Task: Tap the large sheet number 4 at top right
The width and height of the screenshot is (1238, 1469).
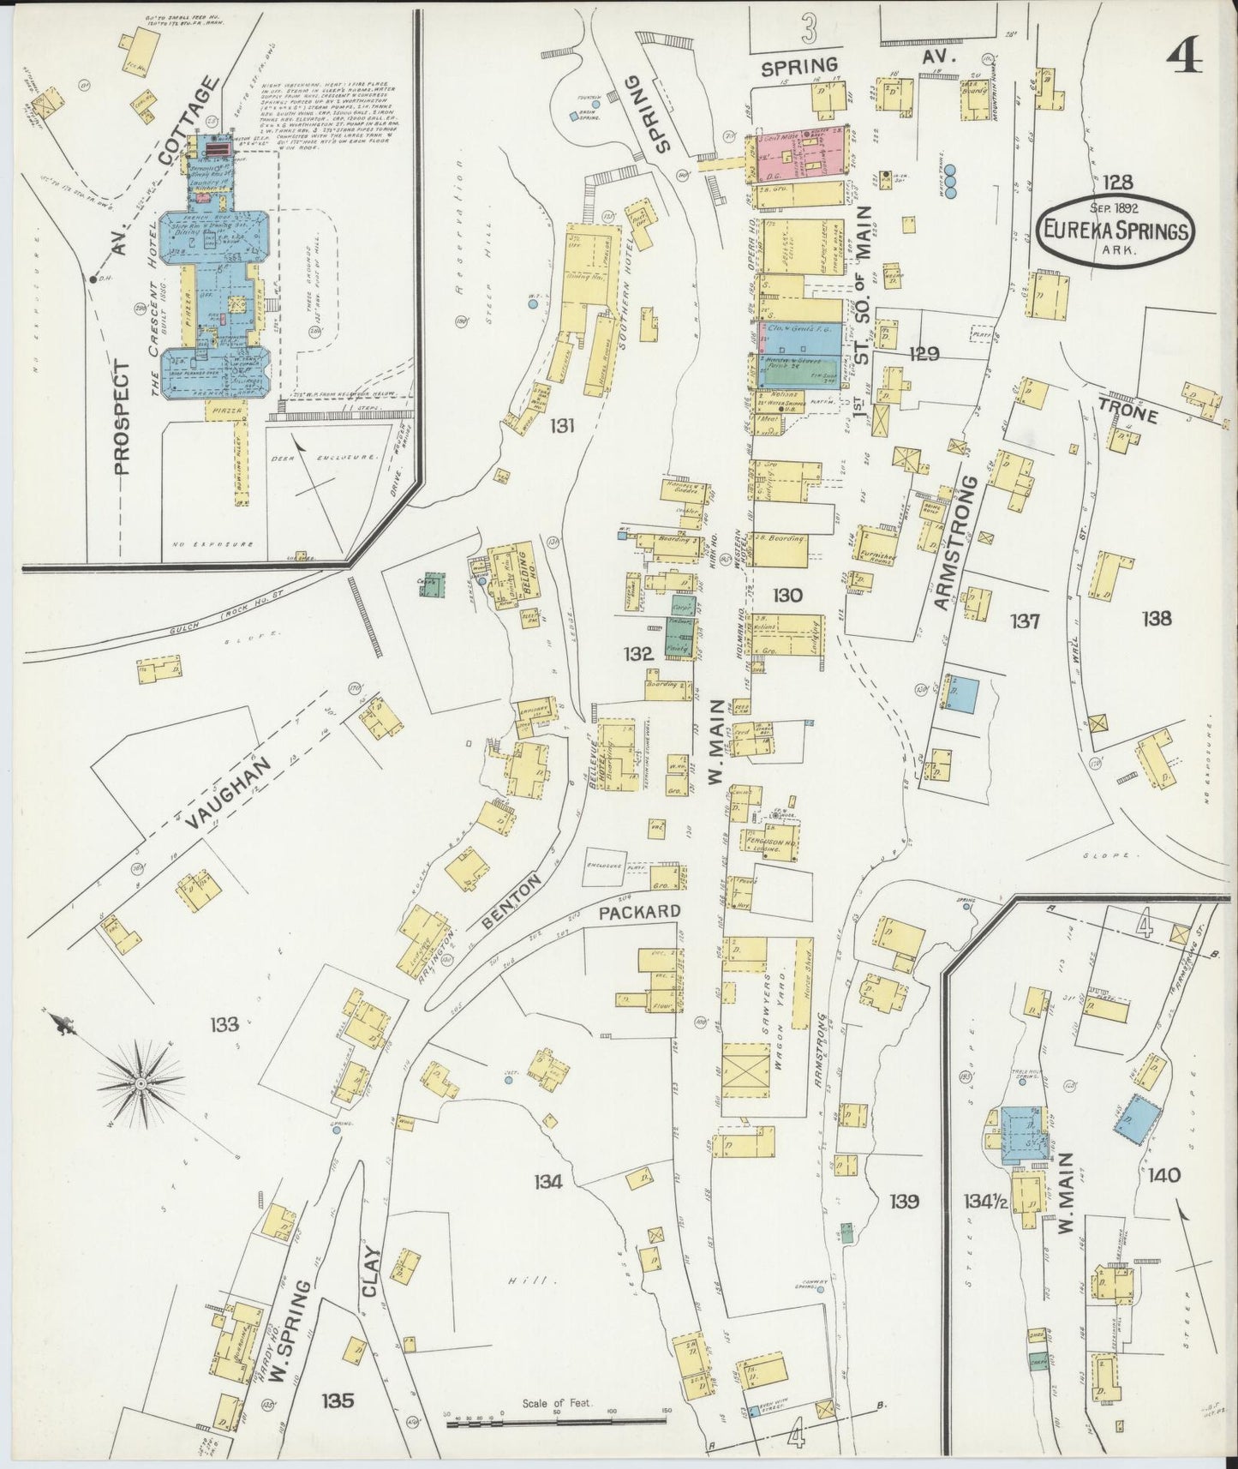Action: pyautogui.click(x=1185, y=57)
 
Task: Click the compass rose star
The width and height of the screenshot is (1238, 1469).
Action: pyautogui.click(x=140, y=1083)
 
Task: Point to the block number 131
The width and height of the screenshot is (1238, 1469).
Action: pyautogui.click(x=562, y=425)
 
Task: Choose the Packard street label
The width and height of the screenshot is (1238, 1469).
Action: pyautogui.click(x=639, y=911)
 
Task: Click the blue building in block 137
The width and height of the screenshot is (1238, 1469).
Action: pyautogui.click(x=962, y=693)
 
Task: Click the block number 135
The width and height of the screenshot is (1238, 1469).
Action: pyautogui.click(x=338, y=1400)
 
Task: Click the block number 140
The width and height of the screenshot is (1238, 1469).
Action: pyautogui.click(x=1160, y=1175)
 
